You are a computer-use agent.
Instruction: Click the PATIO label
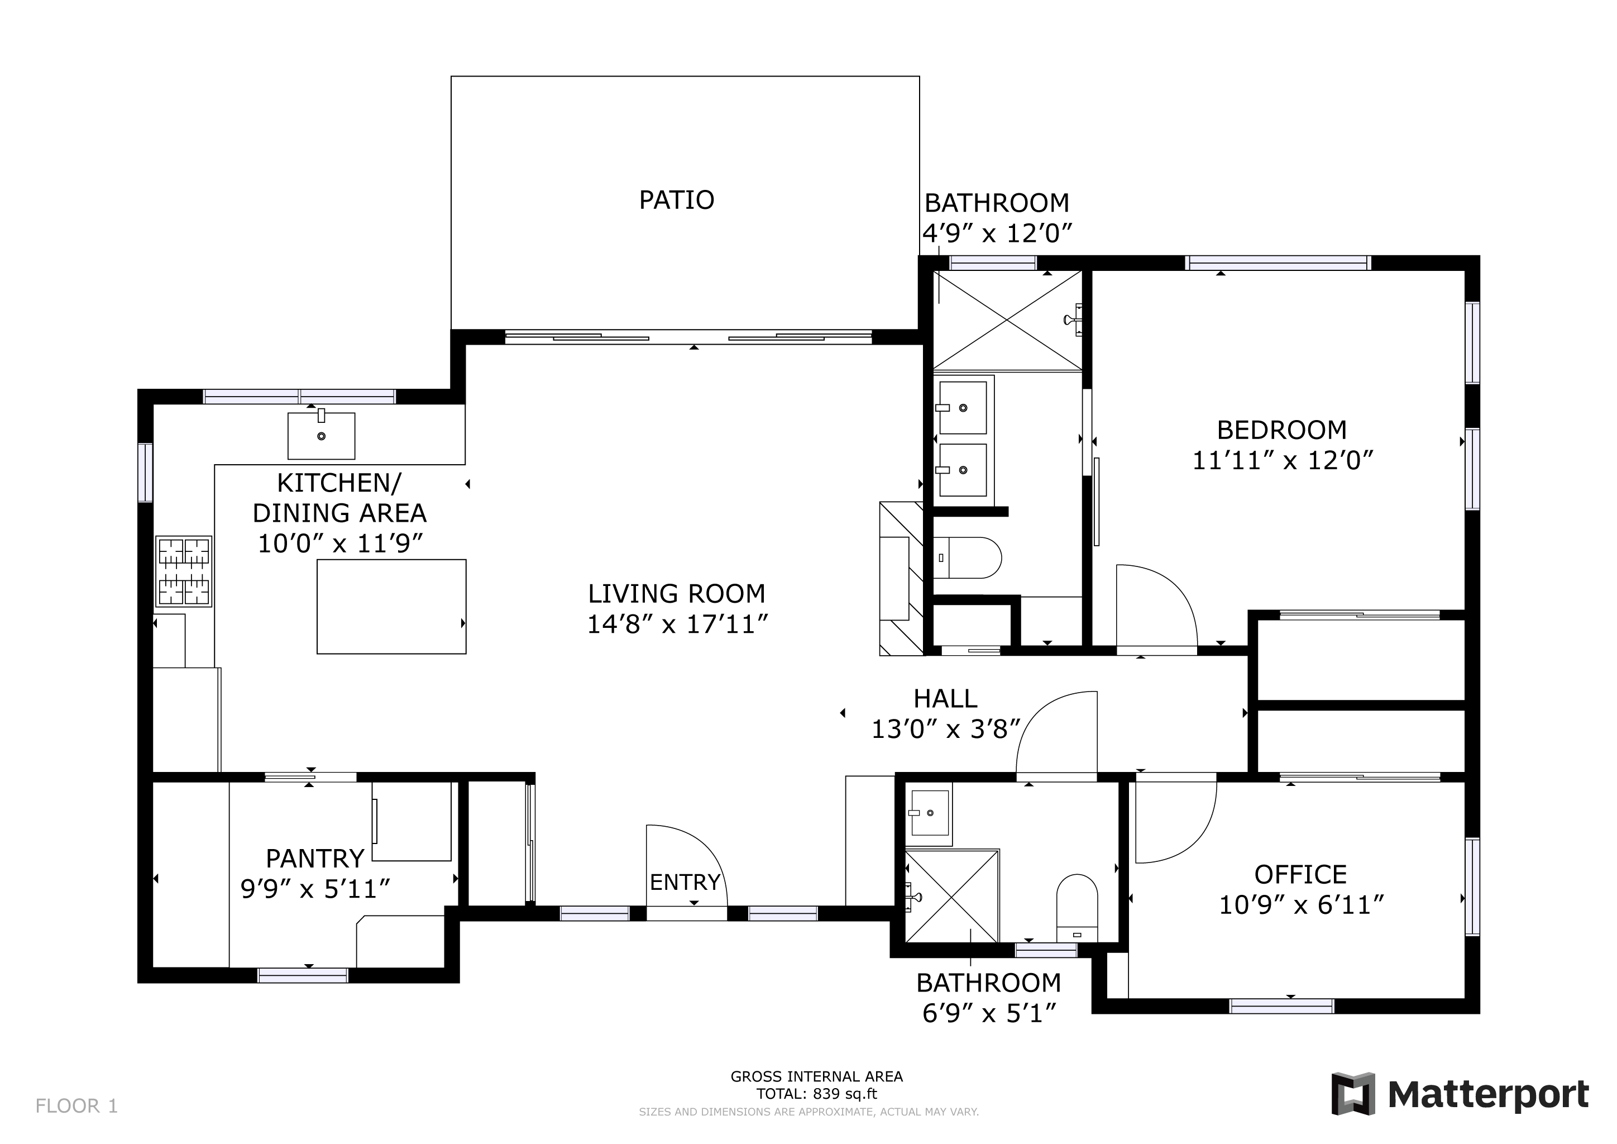[x=676, y=200]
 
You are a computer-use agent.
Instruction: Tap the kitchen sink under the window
[x=321, y=436]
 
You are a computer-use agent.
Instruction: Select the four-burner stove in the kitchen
[x=184, y=571]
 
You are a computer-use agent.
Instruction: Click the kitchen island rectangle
[x=391, y=607]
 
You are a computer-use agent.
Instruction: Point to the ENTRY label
[x=685, y=882]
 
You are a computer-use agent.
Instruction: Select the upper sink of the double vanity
[x=962, y=408]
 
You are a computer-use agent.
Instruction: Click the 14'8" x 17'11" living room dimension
[x=677, y=624]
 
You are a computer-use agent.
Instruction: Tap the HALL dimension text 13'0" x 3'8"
[x=945, y=730]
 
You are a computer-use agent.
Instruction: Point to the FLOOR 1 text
[x=76, y=1106]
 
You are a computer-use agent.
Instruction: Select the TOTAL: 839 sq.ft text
[x=816, y=1094]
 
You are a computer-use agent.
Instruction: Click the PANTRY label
[x=315, y=859]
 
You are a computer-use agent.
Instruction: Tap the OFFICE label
[x=1300, y=874]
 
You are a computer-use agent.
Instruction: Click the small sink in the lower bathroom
[x=930, y=813]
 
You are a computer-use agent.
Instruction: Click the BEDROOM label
[x=1282, y=430]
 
